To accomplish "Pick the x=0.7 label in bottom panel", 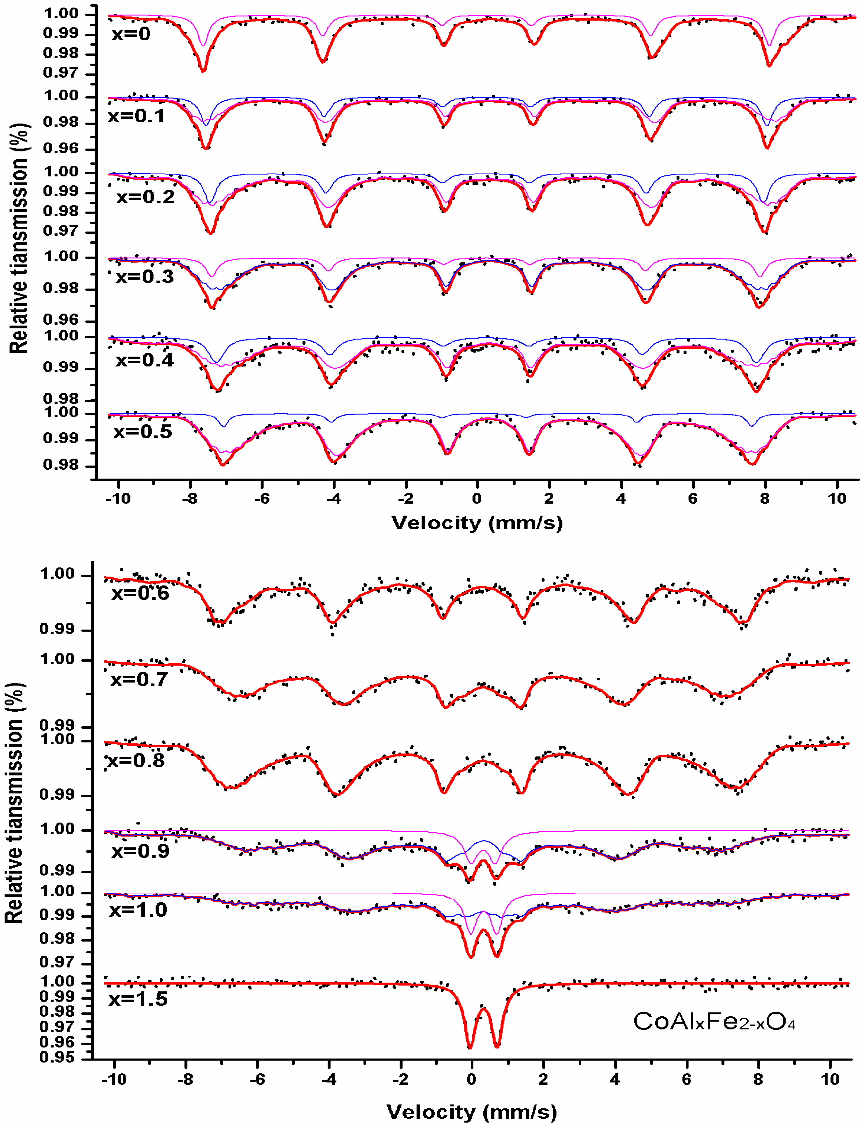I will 139,680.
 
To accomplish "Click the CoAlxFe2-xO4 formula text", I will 714,1022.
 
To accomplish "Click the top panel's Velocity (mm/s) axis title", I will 477,523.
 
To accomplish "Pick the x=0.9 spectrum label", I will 140,851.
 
